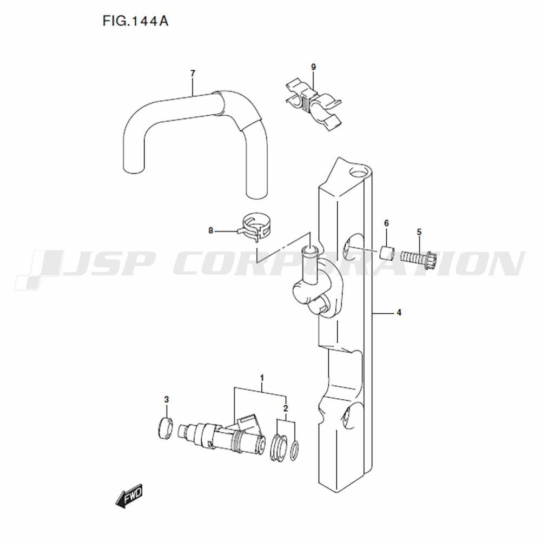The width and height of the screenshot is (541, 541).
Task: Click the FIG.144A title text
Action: point(135,21)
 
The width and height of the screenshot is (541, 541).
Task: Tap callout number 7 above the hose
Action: point(193,73)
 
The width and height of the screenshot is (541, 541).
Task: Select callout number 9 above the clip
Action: point(313,67)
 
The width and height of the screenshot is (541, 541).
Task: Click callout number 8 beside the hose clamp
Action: point(211,230)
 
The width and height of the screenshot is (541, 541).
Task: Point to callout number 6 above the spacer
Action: point(386,223)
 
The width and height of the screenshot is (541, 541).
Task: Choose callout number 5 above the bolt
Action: point(419,232)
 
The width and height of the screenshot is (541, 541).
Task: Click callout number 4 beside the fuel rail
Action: point(399,313)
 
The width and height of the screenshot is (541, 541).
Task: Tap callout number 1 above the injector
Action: point(262,378)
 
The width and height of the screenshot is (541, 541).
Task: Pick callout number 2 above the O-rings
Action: point(285,408)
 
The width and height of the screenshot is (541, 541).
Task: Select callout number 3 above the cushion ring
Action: point(166,400)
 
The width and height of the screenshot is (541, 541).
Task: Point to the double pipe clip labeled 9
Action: point(313,106)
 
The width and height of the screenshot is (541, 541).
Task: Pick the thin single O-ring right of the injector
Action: point(295,451)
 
